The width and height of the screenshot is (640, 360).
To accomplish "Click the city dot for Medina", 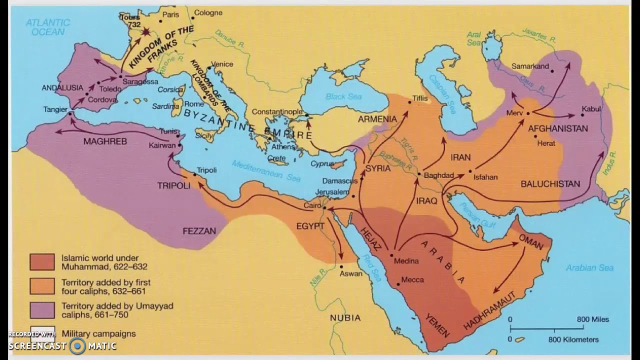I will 391,254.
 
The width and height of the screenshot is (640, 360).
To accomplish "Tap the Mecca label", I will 412,280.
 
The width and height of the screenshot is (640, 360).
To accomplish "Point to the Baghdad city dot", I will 419,174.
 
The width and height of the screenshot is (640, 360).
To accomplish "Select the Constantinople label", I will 277,111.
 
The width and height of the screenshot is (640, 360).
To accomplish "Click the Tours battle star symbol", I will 146,32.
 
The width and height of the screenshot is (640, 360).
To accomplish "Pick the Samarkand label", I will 530,66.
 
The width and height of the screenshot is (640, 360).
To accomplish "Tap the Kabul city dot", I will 582,115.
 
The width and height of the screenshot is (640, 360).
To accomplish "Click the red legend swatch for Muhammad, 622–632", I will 42,261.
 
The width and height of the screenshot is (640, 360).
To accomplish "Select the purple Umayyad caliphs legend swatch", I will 42,310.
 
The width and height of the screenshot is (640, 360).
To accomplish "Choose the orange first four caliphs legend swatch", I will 42,285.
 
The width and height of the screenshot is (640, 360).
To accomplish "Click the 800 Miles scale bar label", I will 593,319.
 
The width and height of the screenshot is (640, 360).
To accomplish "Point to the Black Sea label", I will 342,96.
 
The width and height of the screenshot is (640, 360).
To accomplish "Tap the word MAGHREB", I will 105,141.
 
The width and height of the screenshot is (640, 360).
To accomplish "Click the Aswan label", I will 351,273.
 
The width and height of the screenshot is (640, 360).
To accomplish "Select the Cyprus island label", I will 322,163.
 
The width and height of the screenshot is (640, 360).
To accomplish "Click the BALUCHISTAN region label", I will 550,184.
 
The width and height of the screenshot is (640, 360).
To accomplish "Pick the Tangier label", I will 55,108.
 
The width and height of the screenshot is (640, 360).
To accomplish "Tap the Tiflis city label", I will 420,98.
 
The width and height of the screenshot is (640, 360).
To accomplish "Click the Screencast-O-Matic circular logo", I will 77,345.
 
